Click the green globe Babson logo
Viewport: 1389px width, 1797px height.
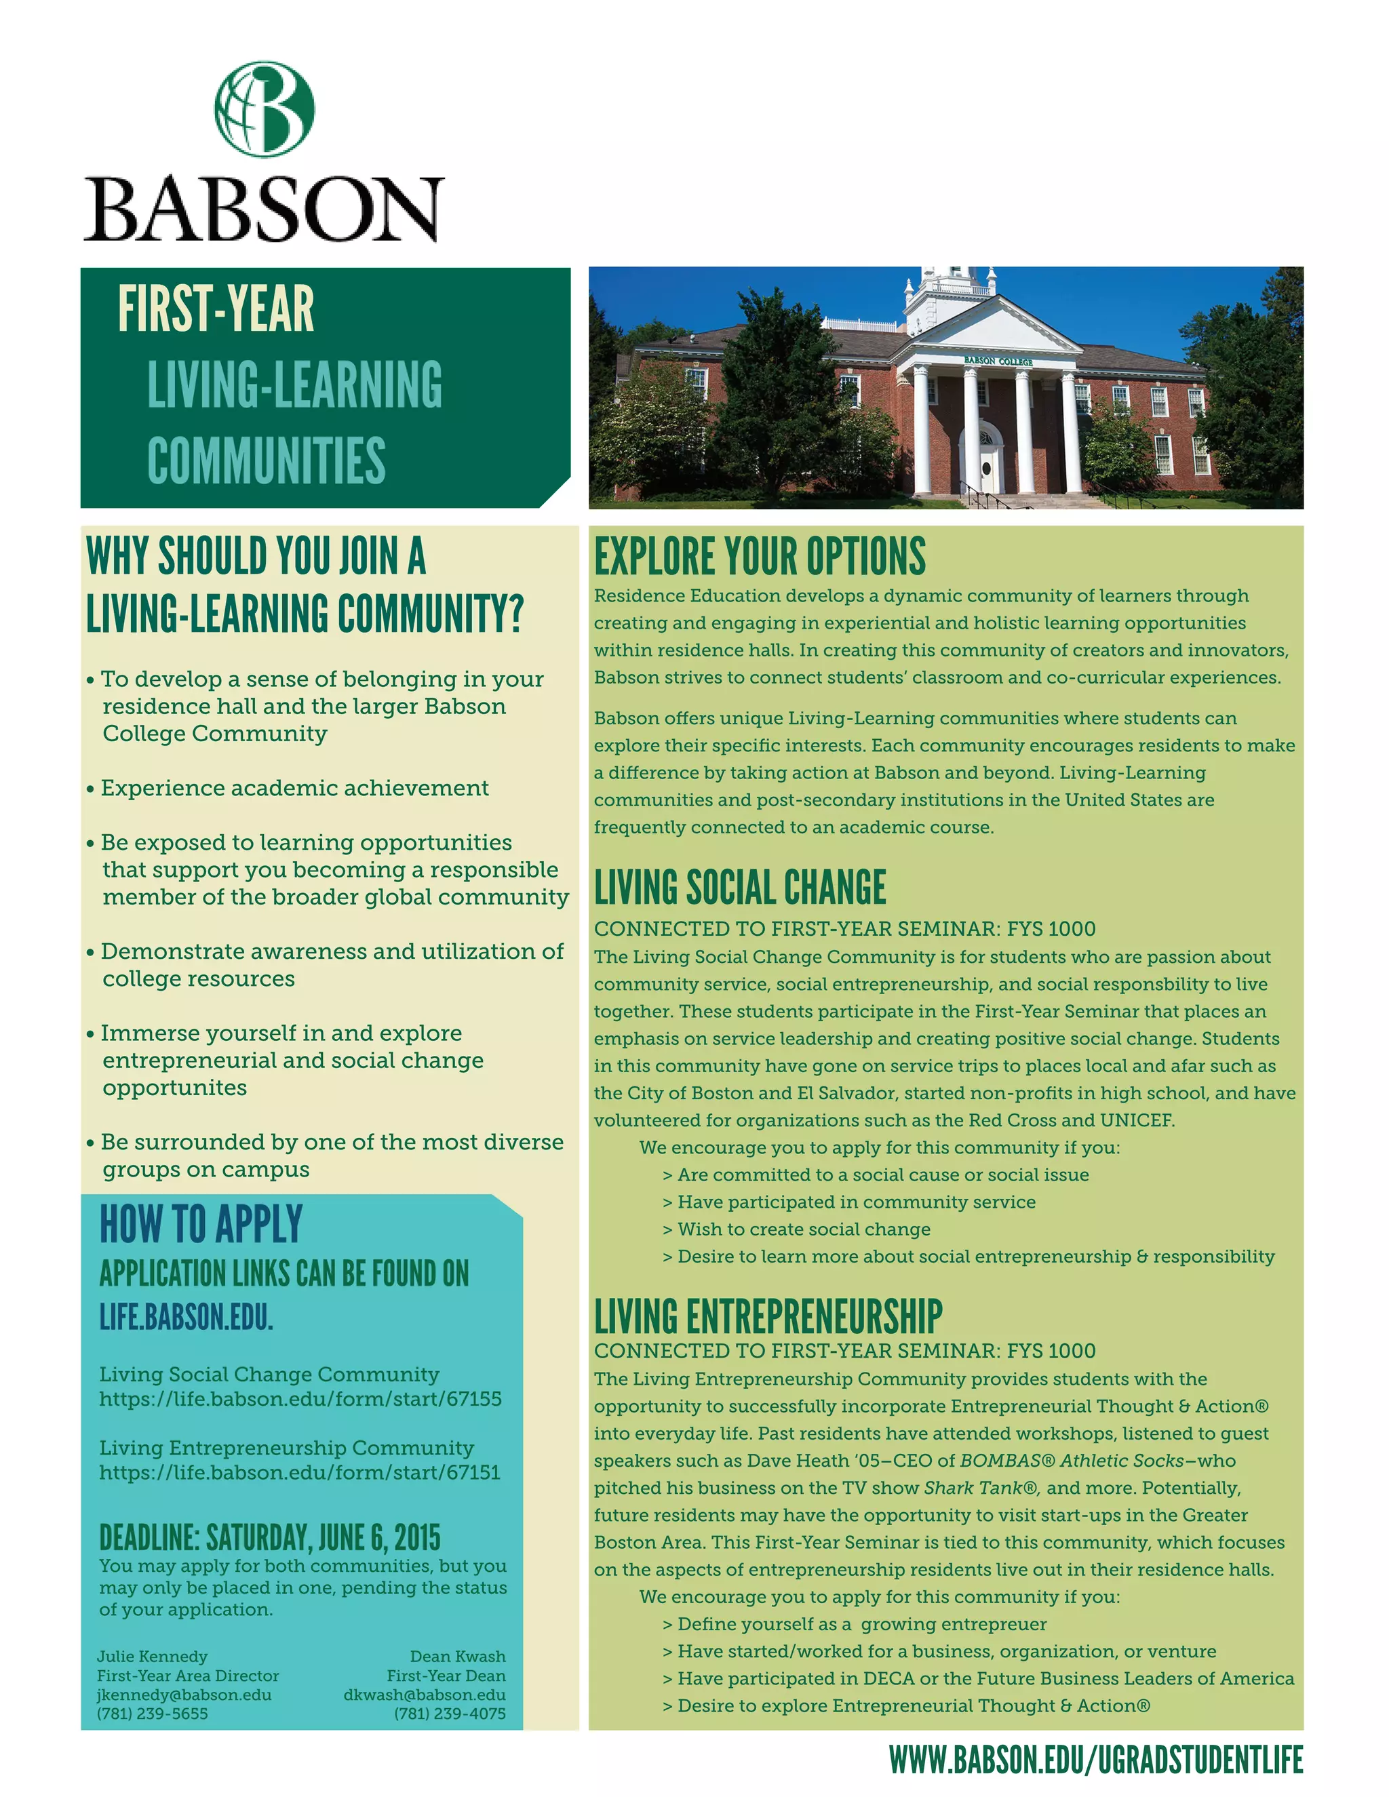click(x=264, y=108)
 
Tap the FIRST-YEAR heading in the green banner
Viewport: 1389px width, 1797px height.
click(x=216, y=309)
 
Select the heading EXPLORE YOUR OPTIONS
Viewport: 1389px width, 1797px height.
click(x=760, y=557)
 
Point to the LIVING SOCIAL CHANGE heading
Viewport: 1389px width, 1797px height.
click(x=740, y=888)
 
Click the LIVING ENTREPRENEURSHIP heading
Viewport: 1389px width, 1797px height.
click(x=768, y=1316)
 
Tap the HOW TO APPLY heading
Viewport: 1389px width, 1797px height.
click(x=201, y=1224)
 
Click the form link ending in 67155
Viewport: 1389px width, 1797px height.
click(x=300, y=1400)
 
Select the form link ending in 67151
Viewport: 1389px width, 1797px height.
click(x=300, y=1473)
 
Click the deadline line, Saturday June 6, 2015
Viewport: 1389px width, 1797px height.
click(x=270, y=1538)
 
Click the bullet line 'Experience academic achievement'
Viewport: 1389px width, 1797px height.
click(x=294, y=788)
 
